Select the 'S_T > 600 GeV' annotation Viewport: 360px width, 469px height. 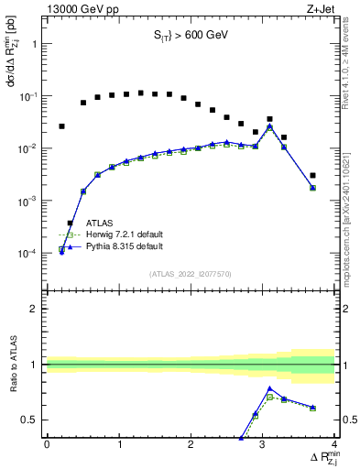coord(190,36)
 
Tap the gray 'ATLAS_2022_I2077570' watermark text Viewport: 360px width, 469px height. coord(190,273)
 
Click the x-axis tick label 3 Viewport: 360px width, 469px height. coord(263,444)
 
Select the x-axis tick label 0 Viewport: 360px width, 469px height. coord(47,444)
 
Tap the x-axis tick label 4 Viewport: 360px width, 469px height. coord(334,444)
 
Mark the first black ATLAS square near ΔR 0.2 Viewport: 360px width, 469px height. coord(61,126)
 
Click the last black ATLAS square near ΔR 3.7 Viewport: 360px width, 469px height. coord(312,175)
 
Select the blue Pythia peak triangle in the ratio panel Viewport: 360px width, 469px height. coord(269,388)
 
